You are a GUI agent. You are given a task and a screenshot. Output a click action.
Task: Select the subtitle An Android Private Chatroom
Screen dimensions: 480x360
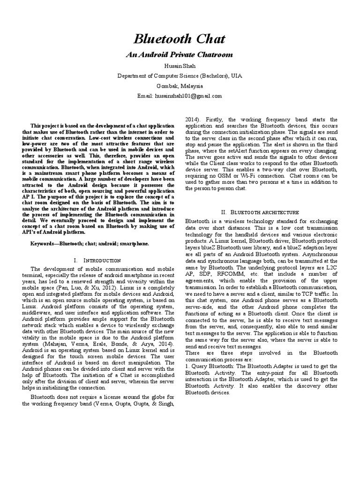click(180, 55)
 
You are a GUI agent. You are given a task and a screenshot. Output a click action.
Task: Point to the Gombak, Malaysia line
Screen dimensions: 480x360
click(180, 86)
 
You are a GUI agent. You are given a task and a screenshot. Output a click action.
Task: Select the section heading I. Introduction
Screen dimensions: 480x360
click(97, 260)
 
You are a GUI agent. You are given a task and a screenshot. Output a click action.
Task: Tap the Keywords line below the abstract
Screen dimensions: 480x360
click(90, 244)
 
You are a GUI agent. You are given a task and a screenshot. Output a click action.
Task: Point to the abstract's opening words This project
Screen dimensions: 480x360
click(45, 126)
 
